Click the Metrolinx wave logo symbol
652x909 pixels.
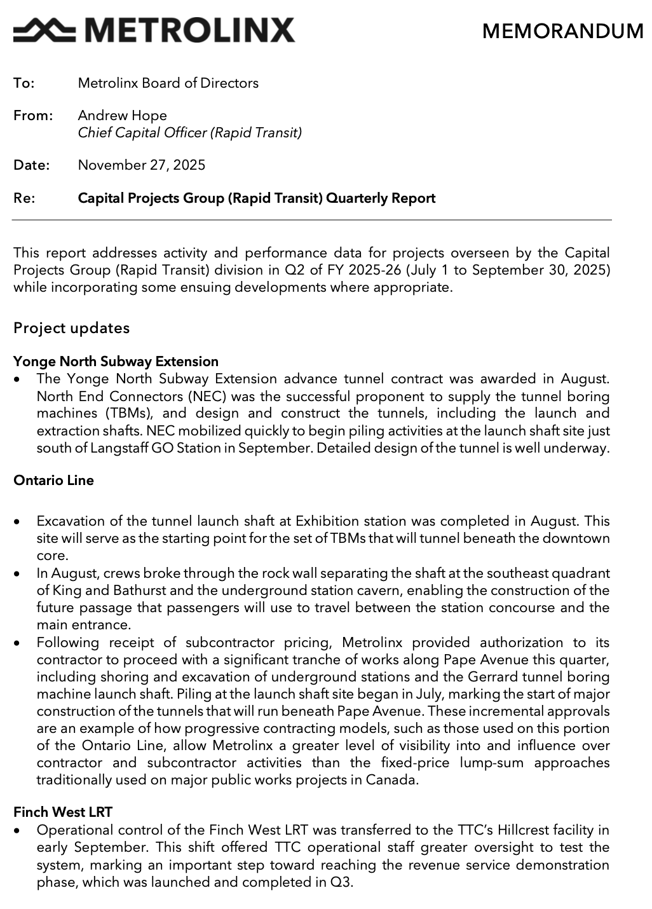click(x=44, y=29)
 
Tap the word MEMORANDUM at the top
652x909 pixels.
click(x=562, y=31)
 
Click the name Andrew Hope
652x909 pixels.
click(x=122, y=116)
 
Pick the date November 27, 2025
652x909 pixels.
click(x=141, y=165)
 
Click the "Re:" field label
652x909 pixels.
click(x=24, y=198)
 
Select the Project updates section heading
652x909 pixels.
click(x=71, y=328)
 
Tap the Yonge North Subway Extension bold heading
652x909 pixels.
click(x=116, y=362)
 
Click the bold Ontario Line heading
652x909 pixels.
click(x=53, y=481)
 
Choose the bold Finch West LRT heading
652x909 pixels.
click(x=63, y=812)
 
